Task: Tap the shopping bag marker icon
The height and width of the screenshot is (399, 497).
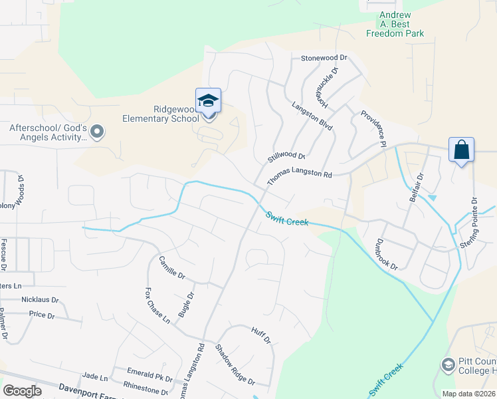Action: tap(461, 150)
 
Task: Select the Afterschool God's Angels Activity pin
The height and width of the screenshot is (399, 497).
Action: tap(98, 132)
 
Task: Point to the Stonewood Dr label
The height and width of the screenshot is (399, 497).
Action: tap(324, 59)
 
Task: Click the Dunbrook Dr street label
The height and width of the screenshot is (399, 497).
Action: tap(386, 254)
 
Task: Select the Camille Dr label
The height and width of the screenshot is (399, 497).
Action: tap(171, 270)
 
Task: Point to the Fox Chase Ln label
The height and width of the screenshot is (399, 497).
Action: tap(158, 305)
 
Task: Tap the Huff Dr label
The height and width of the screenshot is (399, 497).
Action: tap(261, 335)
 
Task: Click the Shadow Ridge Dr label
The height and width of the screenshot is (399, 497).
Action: tap(235, 365)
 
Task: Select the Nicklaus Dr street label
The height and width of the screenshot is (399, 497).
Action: tap(40, 300)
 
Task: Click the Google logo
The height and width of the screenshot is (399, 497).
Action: tap(22, 391)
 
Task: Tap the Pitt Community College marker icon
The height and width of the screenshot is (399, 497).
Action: tap(448, 364)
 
